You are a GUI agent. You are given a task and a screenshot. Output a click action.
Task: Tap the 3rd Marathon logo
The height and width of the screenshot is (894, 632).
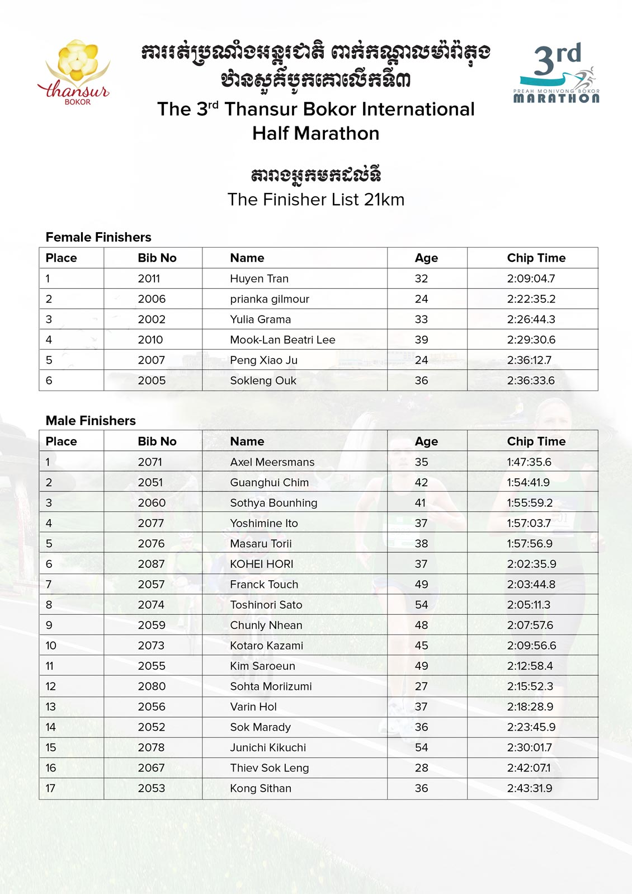[556, 73]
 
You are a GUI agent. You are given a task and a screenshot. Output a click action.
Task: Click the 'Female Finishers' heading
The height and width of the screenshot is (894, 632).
[98, 237]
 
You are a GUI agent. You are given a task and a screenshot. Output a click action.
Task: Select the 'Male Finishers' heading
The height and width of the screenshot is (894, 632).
[91, 421]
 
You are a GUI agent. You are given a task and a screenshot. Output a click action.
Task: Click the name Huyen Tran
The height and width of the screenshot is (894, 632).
[259, 279]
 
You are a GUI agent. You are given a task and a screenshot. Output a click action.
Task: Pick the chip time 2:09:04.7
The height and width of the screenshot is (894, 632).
[531, 279]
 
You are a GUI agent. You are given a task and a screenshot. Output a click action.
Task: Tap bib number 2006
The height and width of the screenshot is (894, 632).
[152, 299]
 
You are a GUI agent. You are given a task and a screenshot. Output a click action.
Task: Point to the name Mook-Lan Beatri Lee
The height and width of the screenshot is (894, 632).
[282, 340]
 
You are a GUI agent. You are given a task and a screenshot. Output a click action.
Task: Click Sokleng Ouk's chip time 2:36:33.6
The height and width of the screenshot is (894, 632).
[531, 380]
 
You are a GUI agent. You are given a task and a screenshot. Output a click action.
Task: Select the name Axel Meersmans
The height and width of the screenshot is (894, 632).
[272, 462]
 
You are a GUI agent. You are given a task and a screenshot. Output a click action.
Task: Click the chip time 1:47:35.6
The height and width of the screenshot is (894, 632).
[529, 462]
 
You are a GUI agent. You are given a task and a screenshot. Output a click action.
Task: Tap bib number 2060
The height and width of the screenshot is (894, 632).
[152, 503]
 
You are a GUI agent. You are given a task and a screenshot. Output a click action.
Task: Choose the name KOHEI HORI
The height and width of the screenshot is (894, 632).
[261, 564]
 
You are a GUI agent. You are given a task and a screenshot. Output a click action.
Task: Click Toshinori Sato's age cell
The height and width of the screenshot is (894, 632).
[421, 605]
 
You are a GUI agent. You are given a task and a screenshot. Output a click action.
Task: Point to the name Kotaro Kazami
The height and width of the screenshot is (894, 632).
[266, 646]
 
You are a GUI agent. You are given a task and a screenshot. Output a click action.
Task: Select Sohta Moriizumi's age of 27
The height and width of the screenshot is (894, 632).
[421, 686]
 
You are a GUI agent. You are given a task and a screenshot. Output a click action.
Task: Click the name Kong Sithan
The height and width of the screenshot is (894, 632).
[261, 788]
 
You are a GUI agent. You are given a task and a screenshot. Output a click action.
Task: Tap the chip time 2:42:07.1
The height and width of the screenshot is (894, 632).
[529, 768]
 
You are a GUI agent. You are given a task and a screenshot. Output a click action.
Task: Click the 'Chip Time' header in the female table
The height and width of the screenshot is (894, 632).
[536, 258]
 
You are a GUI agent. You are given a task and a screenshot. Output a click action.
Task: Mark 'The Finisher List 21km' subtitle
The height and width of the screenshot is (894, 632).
[315, 200]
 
